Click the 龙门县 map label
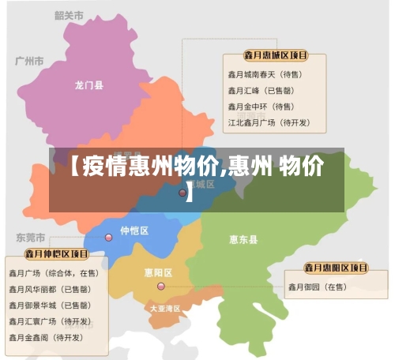[89, 84]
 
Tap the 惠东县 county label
[243, 239]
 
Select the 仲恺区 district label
[134, 231]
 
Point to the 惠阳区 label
[158, 272]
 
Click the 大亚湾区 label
[165, 308]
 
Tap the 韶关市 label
[70, 15]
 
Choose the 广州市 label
[30, 60]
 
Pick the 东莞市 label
[31, 237]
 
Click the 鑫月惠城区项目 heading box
[275, 56]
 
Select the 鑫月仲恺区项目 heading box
[56, 254]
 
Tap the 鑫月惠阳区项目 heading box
[337, 268]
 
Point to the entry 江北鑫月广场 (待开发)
[269, 122]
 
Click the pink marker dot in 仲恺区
[109, 237]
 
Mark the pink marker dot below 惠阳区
[161, 287]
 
